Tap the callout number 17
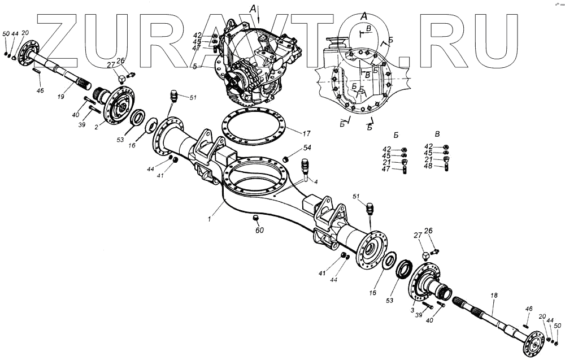click(306, 134)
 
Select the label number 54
click(307, 148)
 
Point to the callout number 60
click(259, 230)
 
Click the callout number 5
click(210, 66)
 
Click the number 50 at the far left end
click(6, 34)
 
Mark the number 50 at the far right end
click(558, 326)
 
